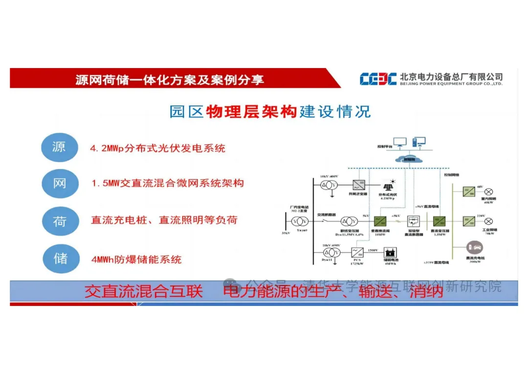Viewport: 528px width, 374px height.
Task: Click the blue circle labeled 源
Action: pyautogui.click(x=60, y=146)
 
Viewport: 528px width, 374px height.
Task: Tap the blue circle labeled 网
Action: pyautogui.click(x=60, y=184)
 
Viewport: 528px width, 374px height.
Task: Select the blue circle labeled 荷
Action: pyautogui.click(x=60, y=221)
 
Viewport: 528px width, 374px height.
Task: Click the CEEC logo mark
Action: pyautogui.click(x=378, y=79)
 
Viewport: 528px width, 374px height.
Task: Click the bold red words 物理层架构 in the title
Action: pyautogui.click(x=251, y=112)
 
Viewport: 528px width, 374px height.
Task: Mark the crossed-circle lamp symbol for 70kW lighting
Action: pyautogui.click(x=488, y=221)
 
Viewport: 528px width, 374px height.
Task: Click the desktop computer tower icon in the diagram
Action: pyautogui.click(x=419, y=142)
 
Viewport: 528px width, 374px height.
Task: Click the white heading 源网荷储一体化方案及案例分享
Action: pyautogui.click(x=170, y=79)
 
